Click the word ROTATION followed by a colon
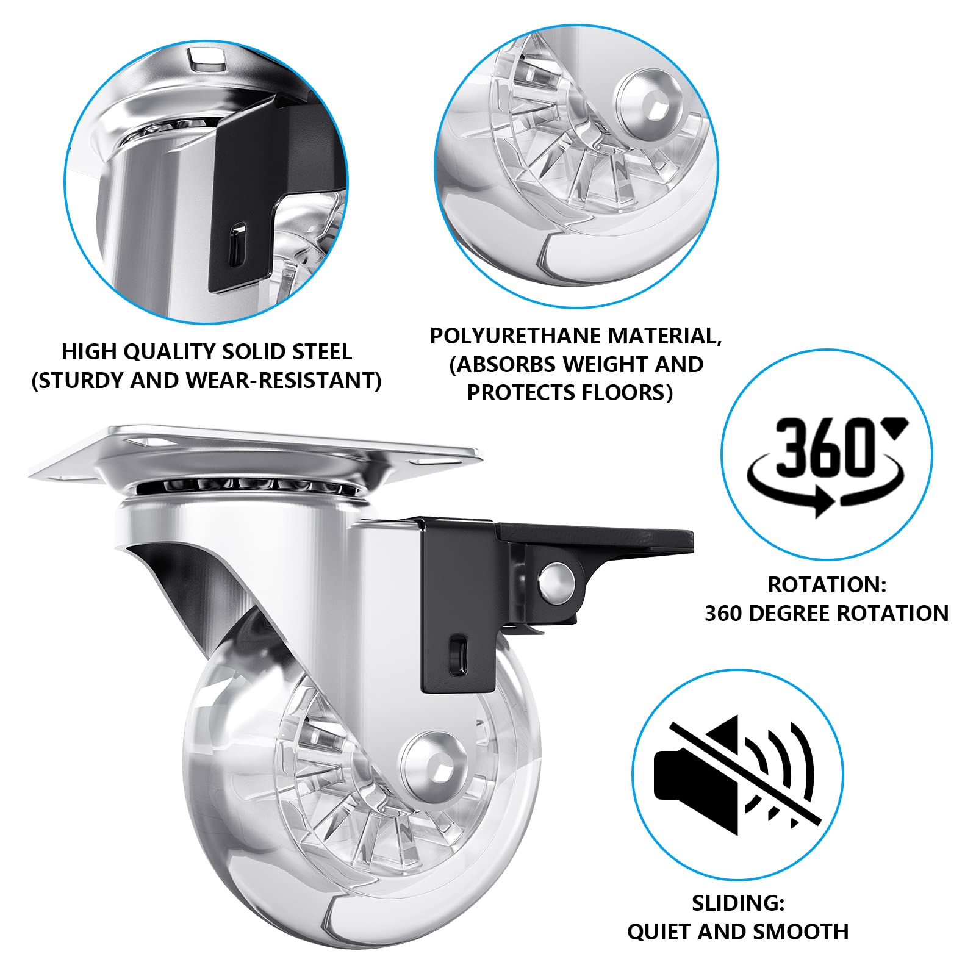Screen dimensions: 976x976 (x=827, y=584)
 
